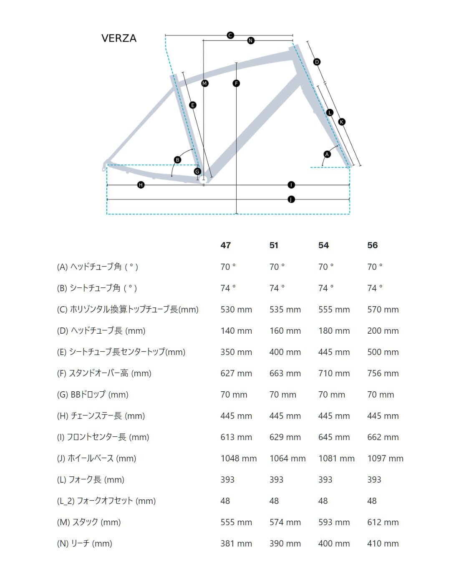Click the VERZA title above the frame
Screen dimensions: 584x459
pyautogui.click(x=119, y=38)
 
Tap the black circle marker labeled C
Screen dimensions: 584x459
pyautogui.click(x=230, y=35)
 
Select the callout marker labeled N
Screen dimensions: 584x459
pyautogui.click(x=250, y=40)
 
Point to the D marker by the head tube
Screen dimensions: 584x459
pyautogui.click(x=317, y=62)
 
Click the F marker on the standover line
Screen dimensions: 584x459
pyautogui.click(x=236, y=83)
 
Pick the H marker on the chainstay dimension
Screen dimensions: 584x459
pyautogui.click(x=141, y=185)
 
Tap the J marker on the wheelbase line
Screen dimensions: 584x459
pyautogui.click(x=291, y=199)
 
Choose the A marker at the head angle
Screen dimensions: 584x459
pyautogui.click(x=327, y=154)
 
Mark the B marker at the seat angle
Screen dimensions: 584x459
pyautogui.click(x=178, y=160)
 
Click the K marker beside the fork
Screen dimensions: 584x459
pyautogui.click(x=342, y=122)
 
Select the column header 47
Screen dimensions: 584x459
pyautogui.click(x=226, y=245)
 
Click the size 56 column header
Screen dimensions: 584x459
pyautogui.click(x=373, y=245)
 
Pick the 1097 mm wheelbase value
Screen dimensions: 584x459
pyautogui.click(x=385, y=458)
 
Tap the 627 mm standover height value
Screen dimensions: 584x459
pyautogui.click(x=236, y=373)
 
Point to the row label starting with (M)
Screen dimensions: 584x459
pyautogui.click(x=89, y=522)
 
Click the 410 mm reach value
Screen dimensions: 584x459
pyautogui.click(x=383, y=544)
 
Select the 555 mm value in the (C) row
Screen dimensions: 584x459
pyautogui.click(x=334, y=310)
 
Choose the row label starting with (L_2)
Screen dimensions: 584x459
pyautogui.click(x=106, y=501)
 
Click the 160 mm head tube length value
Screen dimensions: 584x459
pyautogui.click(x=285, y=331)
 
